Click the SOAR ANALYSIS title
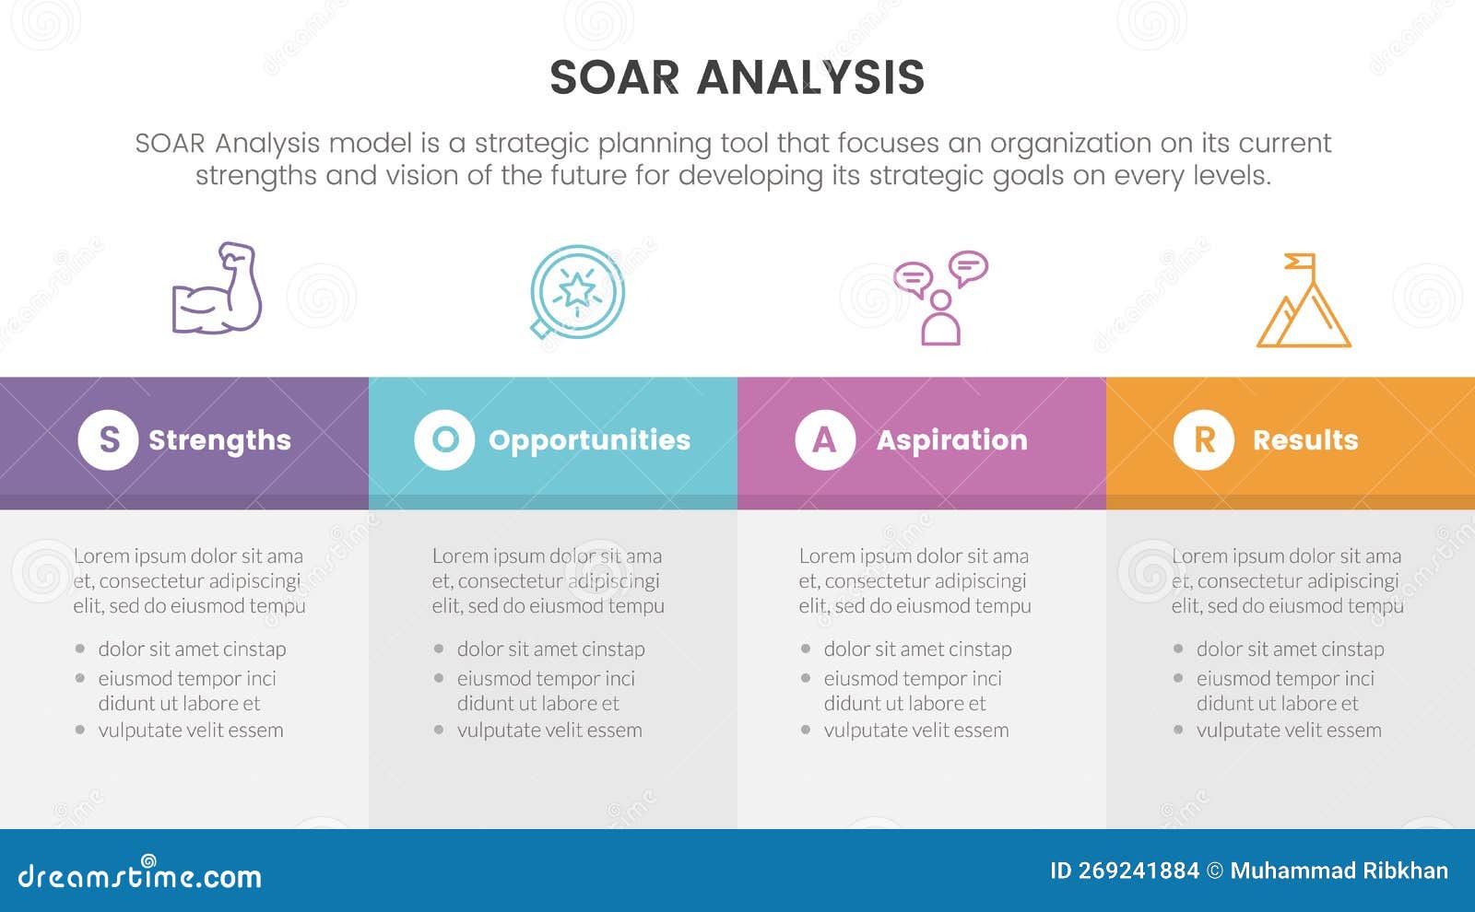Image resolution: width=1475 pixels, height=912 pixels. (x=737, y=77)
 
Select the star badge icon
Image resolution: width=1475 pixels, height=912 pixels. (x=577, y=291)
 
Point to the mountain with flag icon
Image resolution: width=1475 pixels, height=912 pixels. (x=1304, y=304)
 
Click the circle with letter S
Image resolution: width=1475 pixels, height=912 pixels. (x=108, y=440)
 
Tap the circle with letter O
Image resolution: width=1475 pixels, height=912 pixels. (x=444, y=440)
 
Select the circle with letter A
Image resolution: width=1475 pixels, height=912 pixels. (x=825, y=440)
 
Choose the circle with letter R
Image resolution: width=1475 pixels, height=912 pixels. (x=1203, y=440)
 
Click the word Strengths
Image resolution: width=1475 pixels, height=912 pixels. (x=219, y=440)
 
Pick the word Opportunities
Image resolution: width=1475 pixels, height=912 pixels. (x=589, y=440)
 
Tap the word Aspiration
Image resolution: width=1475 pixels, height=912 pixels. (x=951, y=440)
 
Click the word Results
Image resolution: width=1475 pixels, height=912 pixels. (x=1304, y=440)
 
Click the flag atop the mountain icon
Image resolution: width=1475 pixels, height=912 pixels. (x=1301, y=262)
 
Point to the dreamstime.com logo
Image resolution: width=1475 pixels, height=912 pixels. (x=140, y=874)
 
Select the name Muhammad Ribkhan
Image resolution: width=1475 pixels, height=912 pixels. (x=1339, y=871)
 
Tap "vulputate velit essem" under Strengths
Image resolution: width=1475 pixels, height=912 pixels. (x=191, y=731)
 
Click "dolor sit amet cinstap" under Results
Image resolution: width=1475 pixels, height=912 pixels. (x=1290, y=649)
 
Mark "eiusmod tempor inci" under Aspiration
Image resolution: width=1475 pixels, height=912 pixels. (x=913, y=679)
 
